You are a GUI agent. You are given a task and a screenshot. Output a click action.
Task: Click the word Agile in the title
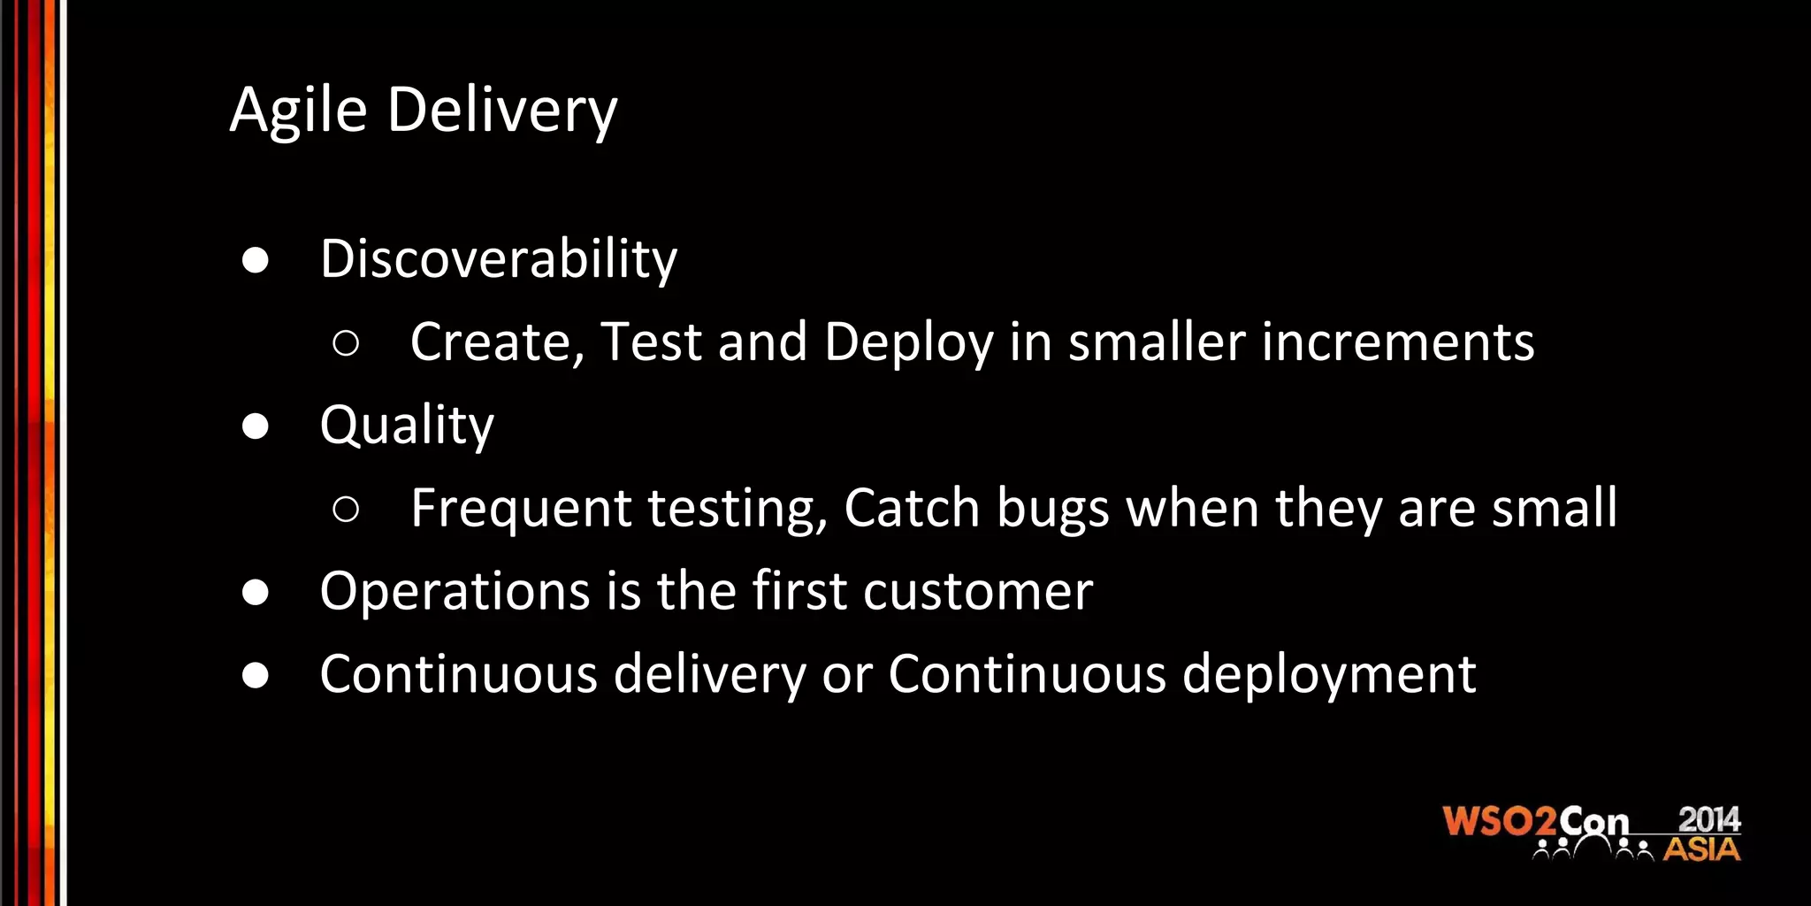click(298, 111)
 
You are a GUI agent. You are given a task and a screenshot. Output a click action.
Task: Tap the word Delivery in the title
click(502, 111)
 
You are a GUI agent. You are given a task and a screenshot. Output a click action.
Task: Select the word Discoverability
click(499, 259)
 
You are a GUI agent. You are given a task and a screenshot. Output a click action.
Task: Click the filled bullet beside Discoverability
click(256, 260)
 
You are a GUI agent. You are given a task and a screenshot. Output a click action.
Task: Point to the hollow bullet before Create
click(346, 343)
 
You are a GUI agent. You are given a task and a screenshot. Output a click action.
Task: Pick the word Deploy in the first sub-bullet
click(908, 343)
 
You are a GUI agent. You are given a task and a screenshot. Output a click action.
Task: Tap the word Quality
click(407, 426)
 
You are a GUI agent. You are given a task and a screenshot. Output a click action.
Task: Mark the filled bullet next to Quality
click(256, 426)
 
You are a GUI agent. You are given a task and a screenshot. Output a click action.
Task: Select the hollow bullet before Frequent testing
click(346, 509)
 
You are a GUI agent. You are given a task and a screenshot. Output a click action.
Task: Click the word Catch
click(913, 508)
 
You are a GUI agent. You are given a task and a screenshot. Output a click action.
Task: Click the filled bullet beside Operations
click(256, 592)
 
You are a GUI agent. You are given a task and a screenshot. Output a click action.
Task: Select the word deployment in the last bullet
click(1329, 675)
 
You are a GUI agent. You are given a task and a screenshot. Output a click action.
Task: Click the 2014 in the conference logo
click(1709, 819)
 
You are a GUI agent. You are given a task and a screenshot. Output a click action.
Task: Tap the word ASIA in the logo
click(1701, 849)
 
